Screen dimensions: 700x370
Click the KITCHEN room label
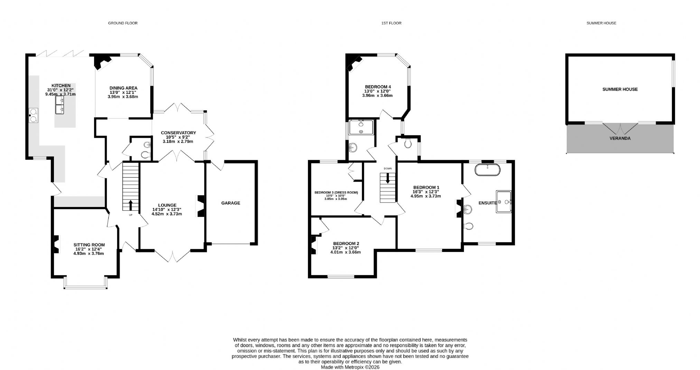[x=61, y=85]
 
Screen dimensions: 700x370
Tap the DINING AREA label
[x=123, y=88]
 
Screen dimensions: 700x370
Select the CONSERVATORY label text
[x=178, y=133]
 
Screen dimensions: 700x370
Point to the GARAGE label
[x=231, y=203]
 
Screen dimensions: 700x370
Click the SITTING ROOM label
[x=89, y=245]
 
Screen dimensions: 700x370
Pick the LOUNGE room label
[x=167, y=205]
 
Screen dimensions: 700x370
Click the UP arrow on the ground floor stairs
[x=131, y=205]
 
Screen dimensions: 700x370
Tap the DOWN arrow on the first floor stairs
[x=388, y=178]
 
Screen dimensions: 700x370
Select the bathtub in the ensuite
[x=487, y=170]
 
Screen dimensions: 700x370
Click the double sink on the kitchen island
[x=60, y=105]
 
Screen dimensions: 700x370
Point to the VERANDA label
[x=620, y=138]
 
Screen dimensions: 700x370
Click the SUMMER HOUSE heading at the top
[x=601, y=23]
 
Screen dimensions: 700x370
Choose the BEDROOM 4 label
[x=378, y=87]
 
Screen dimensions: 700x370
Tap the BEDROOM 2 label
[x=346, y=243]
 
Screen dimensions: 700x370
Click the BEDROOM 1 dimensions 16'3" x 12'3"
[x=426, y=192]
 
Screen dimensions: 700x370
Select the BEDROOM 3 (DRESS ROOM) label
[x=336, y=192]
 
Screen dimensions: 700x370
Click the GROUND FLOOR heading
[x=123, y=23]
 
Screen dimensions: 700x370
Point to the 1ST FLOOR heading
[x=391, y=23]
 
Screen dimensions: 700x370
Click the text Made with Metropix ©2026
[x=350, y=367]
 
